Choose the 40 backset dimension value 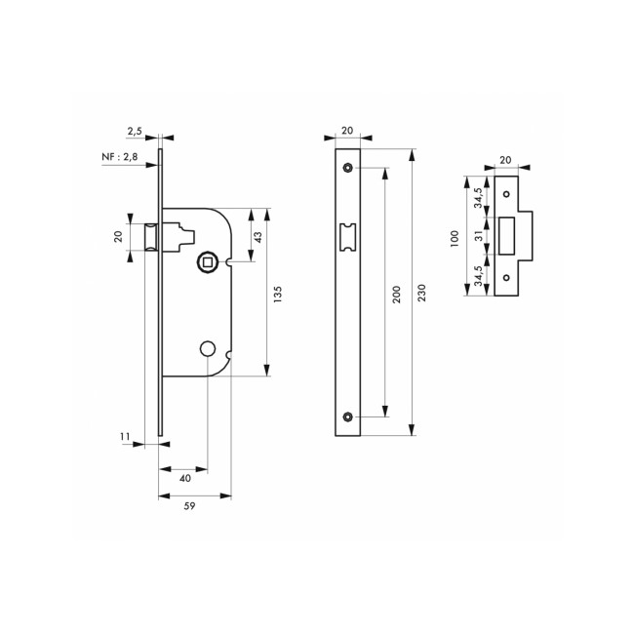185,478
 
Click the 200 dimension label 396,292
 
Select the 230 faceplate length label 422,292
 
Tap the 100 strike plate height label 455,238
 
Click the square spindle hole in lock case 207,261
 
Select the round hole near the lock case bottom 207,348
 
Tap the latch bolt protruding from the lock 151,237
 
